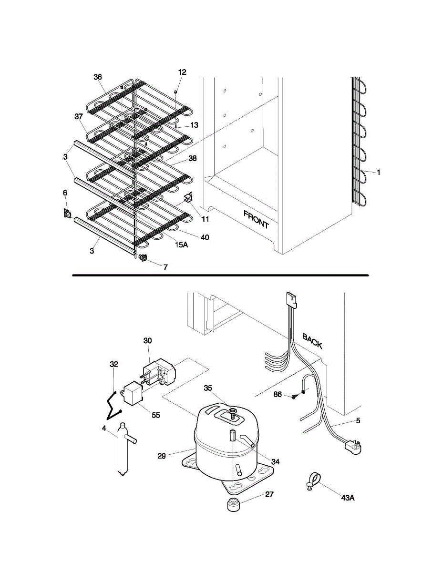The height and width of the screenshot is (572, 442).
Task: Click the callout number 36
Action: point(98,77)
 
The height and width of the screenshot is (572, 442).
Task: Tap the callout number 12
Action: point(182,72)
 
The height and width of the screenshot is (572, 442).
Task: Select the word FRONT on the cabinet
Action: point(256,219)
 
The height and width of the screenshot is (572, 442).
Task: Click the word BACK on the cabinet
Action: point(312,340)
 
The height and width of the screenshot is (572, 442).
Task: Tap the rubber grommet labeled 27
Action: point(234,504)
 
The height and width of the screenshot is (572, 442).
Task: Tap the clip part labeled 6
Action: point(67,214)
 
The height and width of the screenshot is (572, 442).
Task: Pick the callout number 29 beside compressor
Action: point(161,456)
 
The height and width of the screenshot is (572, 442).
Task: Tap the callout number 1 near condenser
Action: point(379,173)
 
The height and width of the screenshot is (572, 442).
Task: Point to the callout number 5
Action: point(358,421)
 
